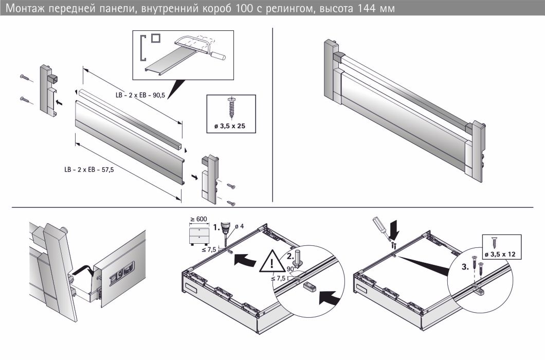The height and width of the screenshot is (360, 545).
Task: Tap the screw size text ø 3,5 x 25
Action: click(230, 125)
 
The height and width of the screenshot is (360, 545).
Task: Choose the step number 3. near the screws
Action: click(465, 268)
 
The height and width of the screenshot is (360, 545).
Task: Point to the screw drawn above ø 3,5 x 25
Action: click(230, 107)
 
